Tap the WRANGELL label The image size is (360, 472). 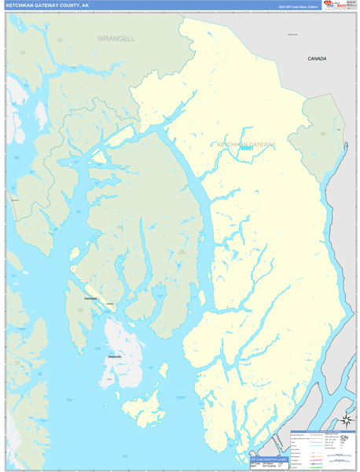116,38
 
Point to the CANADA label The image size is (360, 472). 317,59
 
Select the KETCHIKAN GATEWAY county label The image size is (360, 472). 246,144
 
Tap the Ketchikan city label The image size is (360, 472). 91,299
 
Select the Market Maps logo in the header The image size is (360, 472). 337,6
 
